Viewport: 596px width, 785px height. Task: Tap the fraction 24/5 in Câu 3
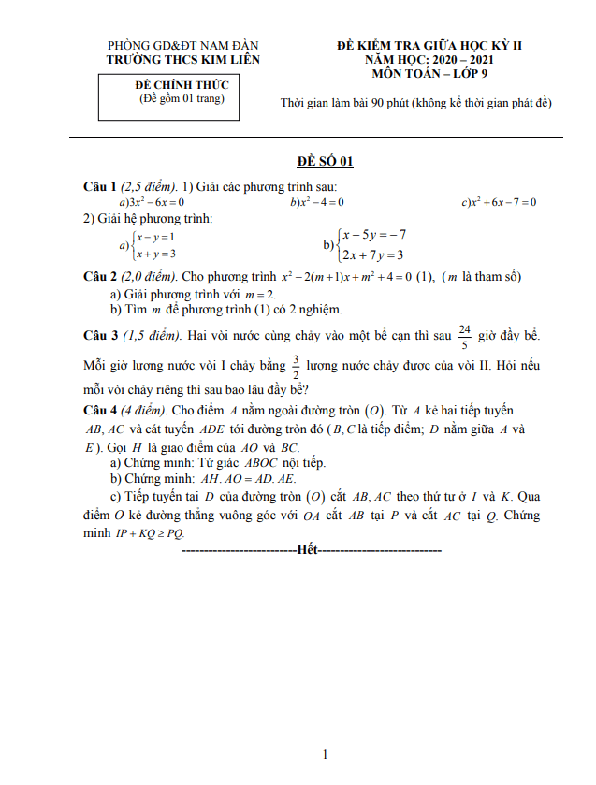coord(464,335)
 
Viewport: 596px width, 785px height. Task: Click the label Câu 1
coord(100,187)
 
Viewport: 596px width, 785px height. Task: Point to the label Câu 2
coord(100,277)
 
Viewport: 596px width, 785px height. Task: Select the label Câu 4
coord(100,411)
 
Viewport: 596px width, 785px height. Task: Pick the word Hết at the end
coord(309,550)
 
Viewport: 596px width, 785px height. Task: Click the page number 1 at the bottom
coord(324,754)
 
